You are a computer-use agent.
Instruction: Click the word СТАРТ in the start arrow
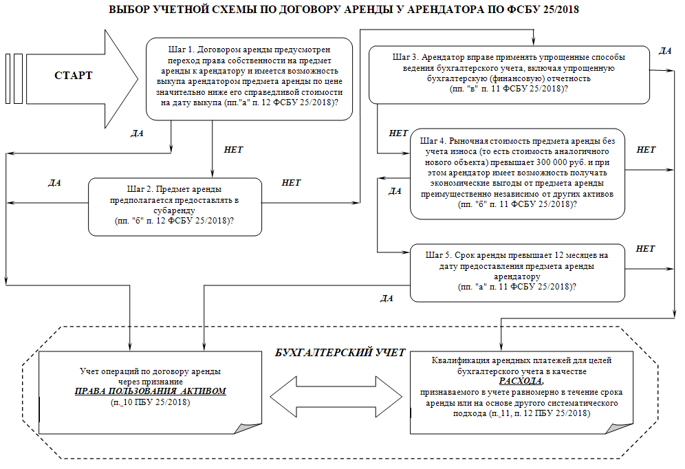coord(73,75)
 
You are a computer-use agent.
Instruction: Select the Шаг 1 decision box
coord(248,78)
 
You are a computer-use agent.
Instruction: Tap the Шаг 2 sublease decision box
coord(175,206)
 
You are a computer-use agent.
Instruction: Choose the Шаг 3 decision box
coord(508,73)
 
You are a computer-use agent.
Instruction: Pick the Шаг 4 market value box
coord(517,173)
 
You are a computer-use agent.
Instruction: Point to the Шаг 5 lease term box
coord(517,272)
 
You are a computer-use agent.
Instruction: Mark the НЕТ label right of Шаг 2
coord(292,184)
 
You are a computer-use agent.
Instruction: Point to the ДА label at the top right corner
coord(664,51)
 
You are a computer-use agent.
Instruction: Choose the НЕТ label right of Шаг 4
coord(646,149)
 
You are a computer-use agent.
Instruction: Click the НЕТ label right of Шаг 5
coord(645,248)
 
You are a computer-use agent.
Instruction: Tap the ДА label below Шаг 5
coord(387,298)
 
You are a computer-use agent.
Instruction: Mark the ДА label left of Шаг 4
coord(395,191)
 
